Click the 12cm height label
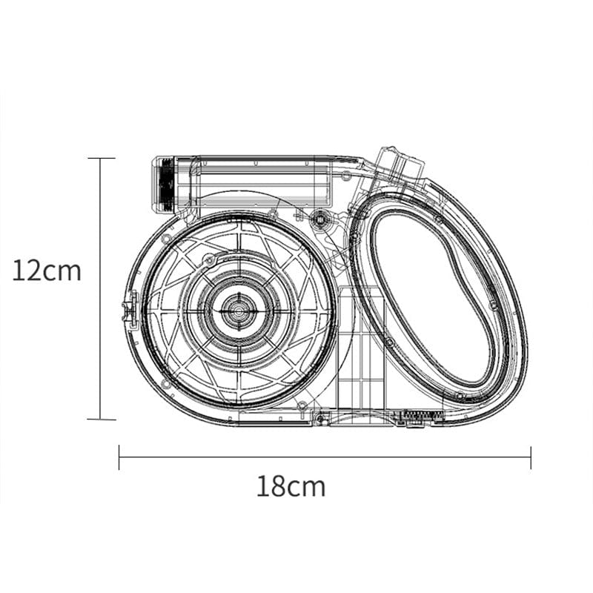tap(46, 271)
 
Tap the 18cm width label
tap(291, 487)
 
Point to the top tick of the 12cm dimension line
tap(101, 158)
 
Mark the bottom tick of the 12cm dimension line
tap(101, 419)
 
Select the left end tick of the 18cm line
tap(119, 457)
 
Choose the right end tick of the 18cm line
tap(531, 457)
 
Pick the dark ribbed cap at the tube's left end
tap(164, 184)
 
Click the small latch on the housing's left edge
tap(130, 308)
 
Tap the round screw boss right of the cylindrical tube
tap(320, 218)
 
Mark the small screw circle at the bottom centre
tap(319, 420)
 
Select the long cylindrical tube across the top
tap(252, 182)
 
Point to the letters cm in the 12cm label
tap(63, 271)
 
